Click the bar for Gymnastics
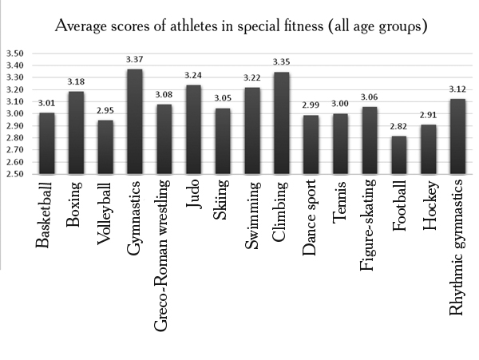134,121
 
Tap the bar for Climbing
281,123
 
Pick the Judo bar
194,129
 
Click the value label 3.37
134,61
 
